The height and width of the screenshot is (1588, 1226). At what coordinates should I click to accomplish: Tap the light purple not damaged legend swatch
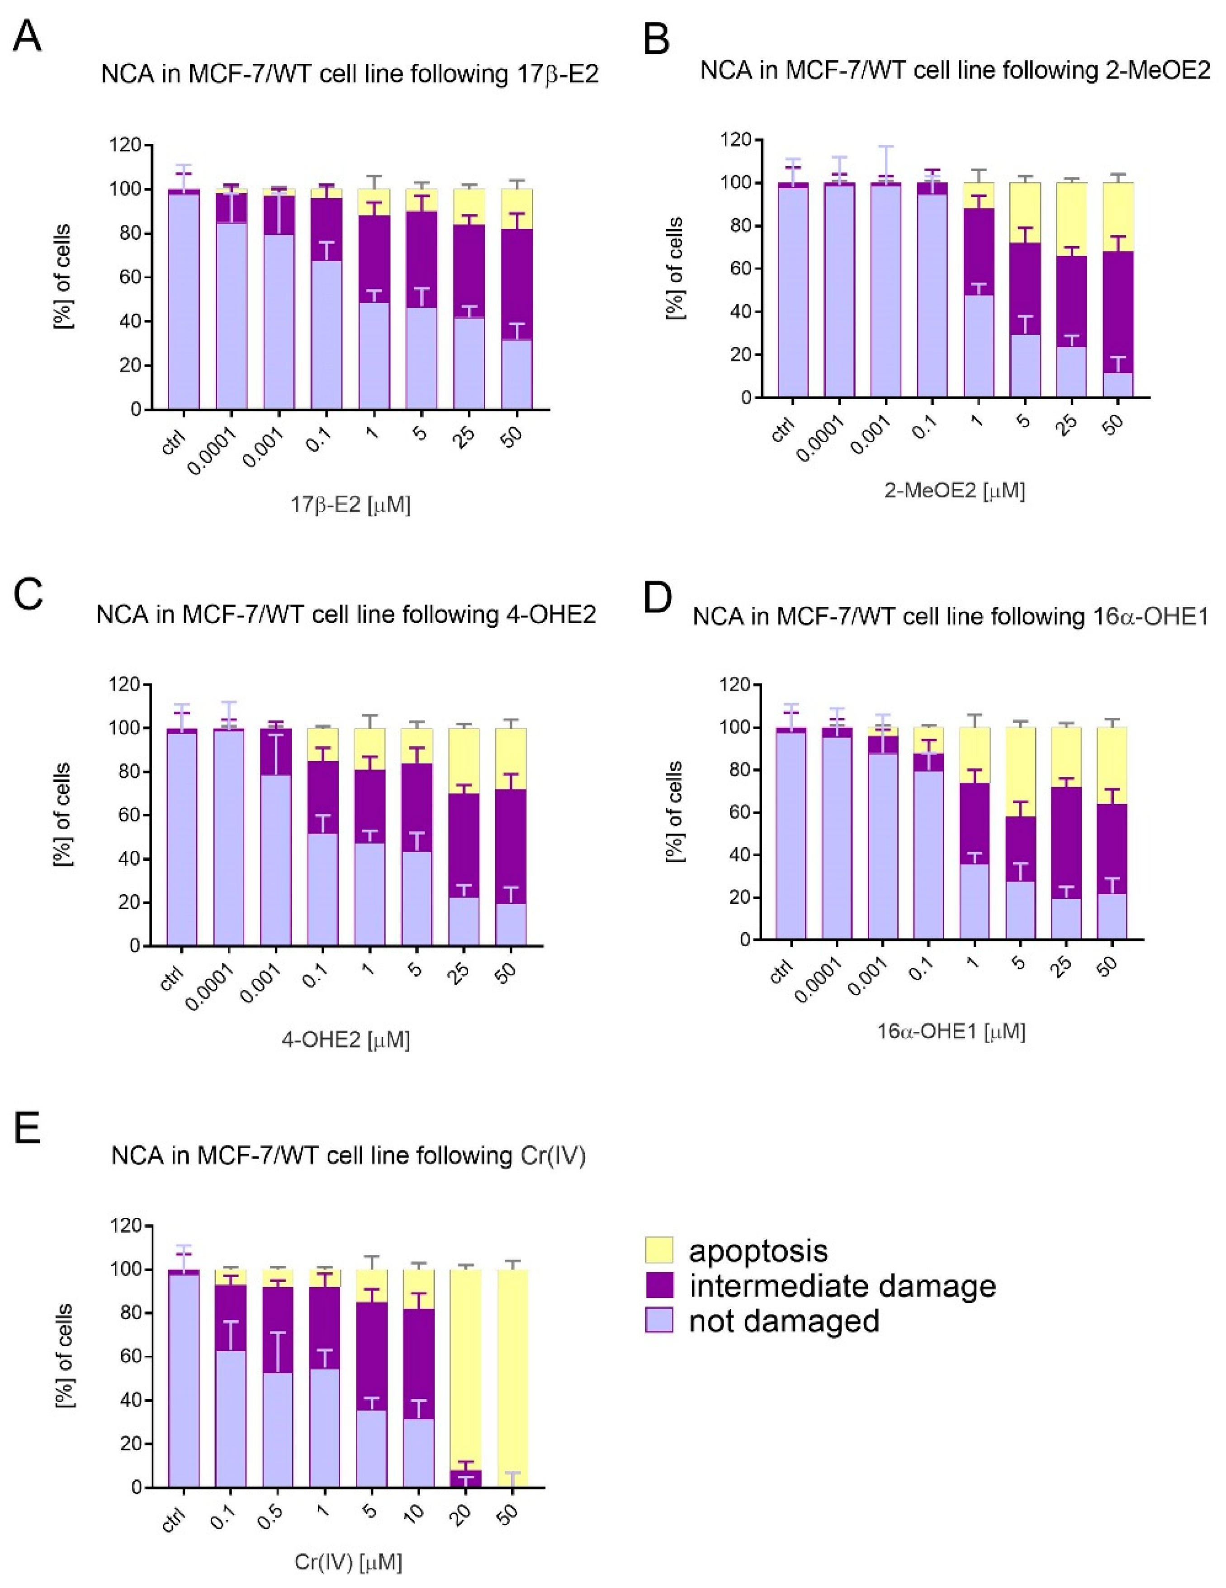(659, 1320)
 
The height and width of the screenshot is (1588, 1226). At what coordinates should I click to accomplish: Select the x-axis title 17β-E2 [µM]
(350, 505)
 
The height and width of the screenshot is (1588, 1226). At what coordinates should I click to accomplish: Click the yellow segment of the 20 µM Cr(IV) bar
(465, 1367)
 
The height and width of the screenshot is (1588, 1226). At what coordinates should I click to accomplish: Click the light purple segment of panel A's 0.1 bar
(327, 334)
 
